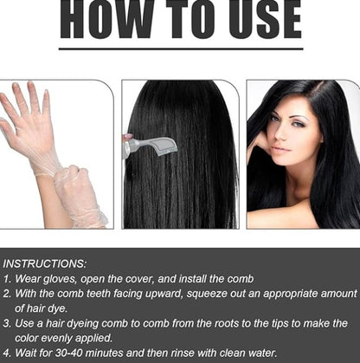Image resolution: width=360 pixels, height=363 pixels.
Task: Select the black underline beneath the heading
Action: [180, 49]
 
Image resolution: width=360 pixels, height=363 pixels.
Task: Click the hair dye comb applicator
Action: [154, 146]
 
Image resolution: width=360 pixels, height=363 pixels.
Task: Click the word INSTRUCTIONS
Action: [44, 263]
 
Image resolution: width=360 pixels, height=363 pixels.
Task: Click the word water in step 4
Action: [258, 353]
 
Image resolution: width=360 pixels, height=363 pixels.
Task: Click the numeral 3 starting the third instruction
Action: [7, 322]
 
